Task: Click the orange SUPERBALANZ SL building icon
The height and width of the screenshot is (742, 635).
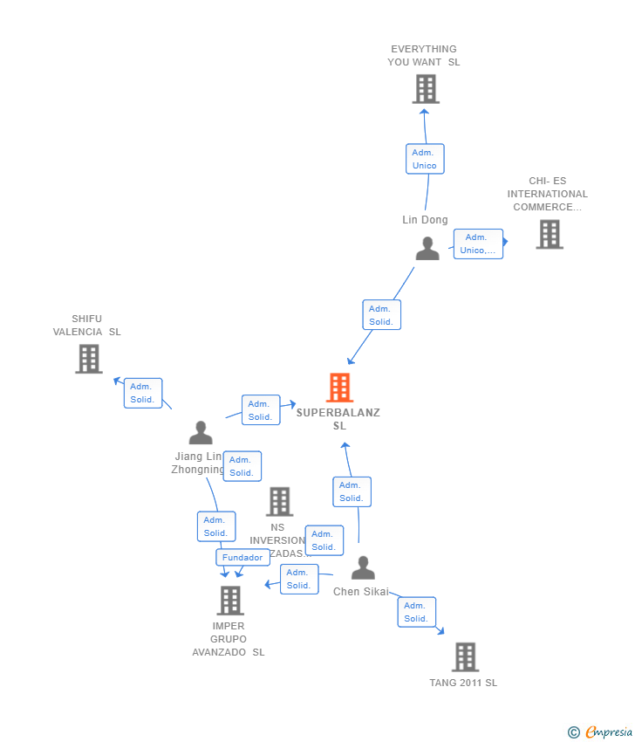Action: click(339, 388)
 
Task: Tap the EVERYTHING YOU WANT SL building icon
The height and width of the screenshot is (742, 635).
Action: click(425, 89)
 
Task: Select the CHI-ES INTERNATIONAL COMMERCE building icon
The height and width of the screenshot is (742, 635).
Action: click(549, 234)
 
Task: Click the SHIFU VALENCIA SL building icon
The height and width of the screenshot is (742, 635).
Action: click(88, 359)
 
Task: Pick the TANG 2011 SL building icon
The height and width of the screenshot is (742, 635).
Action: click(465, 657)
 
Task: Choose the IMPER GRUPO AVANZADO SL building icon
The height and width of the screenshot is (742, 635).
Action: click(229, 601)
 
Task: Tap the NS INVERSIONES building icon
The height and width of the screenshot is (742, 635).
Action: click(279, 502)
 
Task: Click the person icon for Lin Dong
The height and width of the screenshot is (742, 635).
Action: click(427, 249)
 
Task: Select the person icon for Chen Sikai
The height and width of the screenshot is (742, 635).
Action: click(363, 568)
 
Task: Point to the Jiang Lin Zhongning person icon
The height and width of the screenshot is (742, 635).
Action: click(201, 433)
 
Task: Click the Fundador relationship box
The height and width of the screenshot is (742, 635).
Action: click(242, 558)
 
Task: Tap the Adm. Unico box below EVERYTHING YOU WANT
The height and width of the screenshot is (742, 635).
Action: click(425, 159)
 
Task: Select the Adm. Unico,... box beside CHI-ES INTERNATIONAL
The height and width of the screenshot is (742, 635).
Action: click(478, 244)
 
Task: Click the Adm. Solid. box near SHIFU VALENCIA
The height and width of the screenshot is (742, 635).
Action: click(142, 393)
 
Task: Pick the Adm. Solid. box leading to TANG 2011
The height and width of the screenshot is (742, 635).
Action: click(415, 612)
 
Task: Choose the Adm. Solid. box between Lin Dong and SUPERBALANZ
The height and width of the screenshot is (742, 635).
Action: click(381, 315)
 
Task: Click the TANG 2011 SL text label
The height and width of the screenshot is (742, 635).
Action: click(463, 683)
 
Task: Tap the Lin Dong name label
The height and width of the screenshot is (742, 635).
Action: click(425, 220)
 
